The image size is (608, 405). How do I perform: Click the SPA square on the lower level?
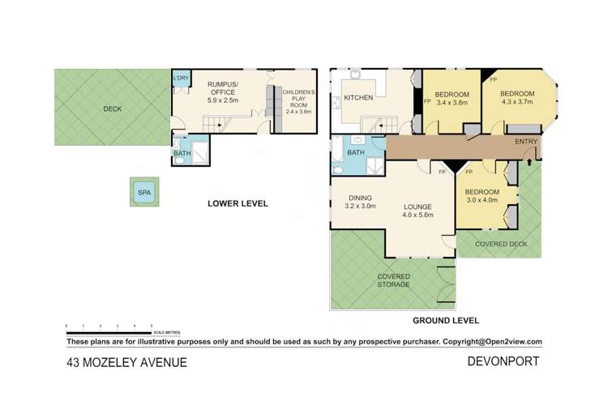point(144,193)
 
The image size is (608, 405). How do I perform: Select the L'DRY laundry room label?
point(180,78)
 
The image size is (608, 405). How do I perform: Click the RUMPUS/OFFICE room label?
point(221,88)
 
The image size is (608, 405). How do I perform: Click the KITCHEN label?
point(358,98)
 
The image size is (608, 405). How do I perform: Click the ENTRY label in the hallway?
point(526,143)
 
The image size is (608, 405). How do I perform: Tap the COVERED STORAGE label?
point(393,280)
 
